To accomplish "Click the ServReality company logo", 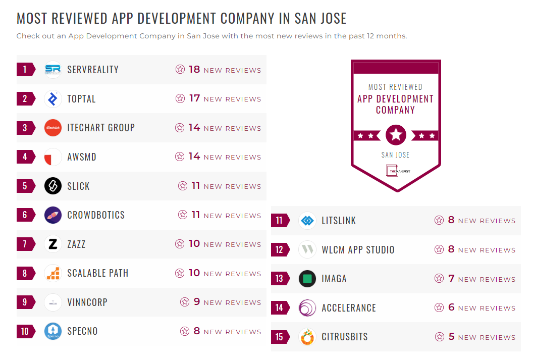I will pos(52,70).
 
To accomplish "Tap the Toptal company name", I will pos(81,99).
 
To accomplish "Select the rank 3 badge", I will pos(25,128).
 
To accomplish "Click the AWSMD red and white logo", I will pos(52,157).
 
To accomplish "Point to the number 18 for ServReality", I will pos(194,70).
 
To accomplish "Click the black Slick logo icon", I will pos(52,186).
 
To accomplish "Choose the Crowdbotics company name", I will pos(96,215).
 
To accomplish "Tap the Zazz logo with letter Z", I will pos(52,244).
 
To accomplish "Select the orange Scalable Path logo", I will pos(52,273).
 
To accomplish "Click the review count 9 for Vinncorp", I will pos(197,302).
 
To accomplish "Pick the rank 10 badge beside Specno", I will pos(25,332).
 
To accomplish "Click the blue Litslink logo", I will pos(307,221).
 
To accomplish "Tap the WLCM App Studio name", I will pos(358,250).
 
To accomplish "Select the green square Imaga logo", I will pos(307,279).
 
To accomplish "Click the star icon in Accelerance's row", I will pos(439,307).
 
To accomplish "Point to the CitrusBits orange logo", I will pos(307,337).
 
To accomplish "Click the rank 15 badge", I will pos(280,337).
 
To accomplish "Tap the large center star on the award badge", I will pos(396,135).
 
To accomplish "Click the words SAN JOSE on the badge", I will pos(395,155).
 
